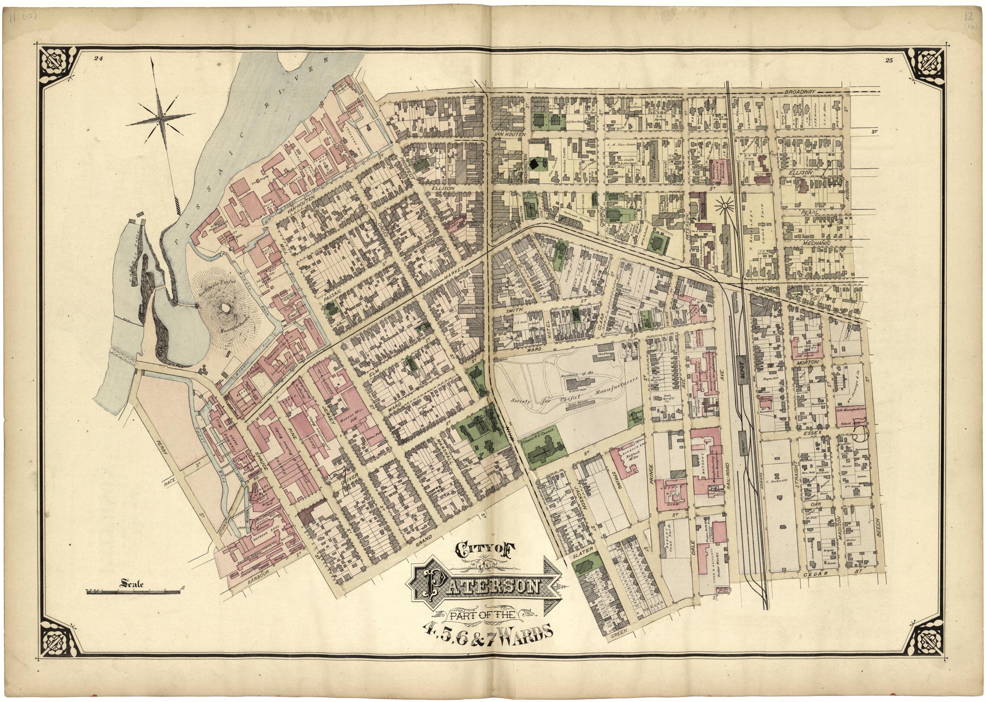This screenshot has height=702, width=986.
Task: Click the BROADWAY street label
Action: click(800, 92)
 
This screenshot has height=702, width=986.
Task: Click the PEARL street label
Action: click(807, 213)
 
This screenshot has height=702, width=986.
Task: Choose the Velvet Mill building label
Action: click(845, 424)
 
